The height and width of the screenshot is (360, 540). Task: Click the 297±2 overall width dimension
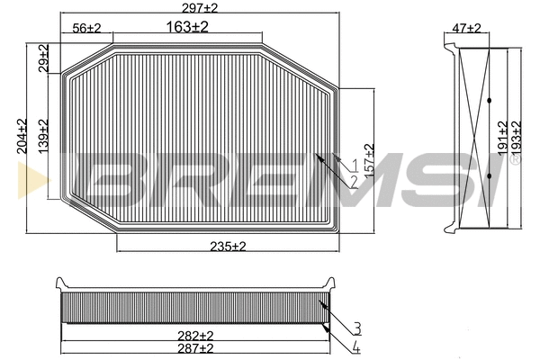click(x=199, y=7)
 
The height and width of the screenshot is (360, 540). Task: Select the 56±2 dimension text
click(x=87, y=29)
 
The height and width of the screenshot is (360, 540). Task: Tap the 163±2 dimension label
click(x=187, y=27)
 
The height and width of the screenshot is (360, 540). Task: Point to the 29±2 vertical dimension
click(x=44, y=58)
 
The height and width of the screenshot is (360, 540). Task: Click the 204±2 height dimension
click(x=22, y=136)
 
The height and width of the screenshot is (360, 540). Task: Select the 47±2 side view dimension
click(x=467, y=29)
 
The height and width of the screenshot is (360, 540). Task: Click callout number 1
click(x=355, y=165)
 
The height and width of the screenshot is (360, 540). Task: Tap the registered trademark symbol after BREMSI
click(x=515, y=162)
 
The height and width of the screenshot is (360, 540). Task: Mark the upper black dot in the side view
click(x=489, y=99)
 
